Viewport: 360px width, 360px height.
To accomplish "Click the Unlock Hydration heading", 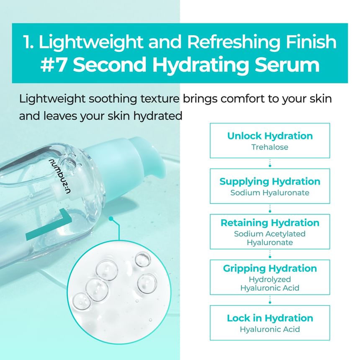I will pyautogui.click(x=270, y=136).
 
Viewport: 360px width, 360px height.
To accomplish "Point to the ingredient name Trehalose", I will pyautogui.click(x=270, y=147).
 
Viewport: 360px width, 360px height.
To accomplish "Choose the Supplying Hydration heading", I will pyautogui.click(x=270, y=181).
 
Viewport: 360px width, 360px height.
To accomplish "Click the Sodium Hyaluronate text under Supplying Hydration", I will pyautogui.click(x=270, y=193).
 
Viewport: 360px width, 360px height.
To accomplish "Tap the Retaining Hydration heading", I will pyautogui.click(x=270, y=223).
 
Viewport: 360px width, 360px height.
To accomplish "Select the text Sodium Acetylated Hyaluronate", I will pyautogui.click(x=270, y=238).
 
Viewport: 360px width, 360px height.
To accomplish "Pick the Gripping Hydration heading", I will pyautogui.click(x=270, y=268).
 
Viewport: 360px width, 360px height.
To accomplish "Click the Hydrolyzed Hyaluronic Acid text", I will pyautogui.click(x=270, y=283).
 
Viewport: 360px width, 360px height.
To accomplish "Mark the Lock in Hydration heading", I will pyautogui.click(x=270, y=318).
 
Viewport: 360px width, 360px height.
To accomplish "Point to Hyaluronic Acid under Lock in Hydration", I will pyautogui.click(x=270, y=329).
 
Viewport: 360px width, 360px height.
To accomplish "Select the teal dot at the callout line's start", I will pyautogui.click(x=111, y=219).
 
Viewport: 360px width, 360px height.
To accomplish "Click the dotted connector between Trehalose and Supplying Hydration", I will pyautogui.click(x=270, y=163).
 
